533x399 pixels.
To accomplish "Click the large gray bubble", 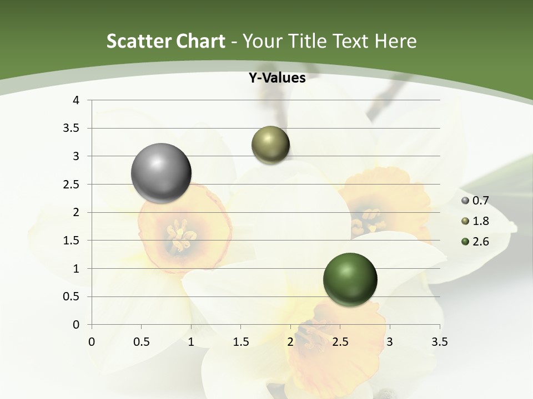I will (162, 173).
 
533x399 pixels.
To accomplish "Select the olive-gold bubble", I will (270, 145).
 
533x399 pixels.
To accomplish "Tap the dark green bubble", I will (350, 279).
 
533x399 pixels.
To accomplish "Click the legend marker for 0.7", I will (465, 201).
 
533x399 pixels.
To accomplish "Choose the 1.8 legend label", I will (480, 221).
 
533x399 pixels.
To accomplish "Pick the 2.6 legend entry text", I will (480, 241).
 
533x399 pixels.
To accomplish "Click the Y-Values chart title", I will (277, 78).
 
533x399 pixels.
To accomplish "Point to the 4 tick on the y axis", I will (76, 100).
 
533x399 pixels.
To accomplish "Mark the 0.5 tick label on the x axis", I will (141, 342).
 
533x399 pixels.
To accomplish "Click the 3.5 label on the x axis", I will (439, 342).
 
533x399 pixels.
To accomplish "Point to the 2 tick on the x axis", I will (290, 342).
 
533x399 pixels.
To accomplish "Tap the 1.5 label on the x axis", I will (240, 342).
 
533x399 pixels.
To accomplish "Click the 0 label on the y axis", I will (76, 325).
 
